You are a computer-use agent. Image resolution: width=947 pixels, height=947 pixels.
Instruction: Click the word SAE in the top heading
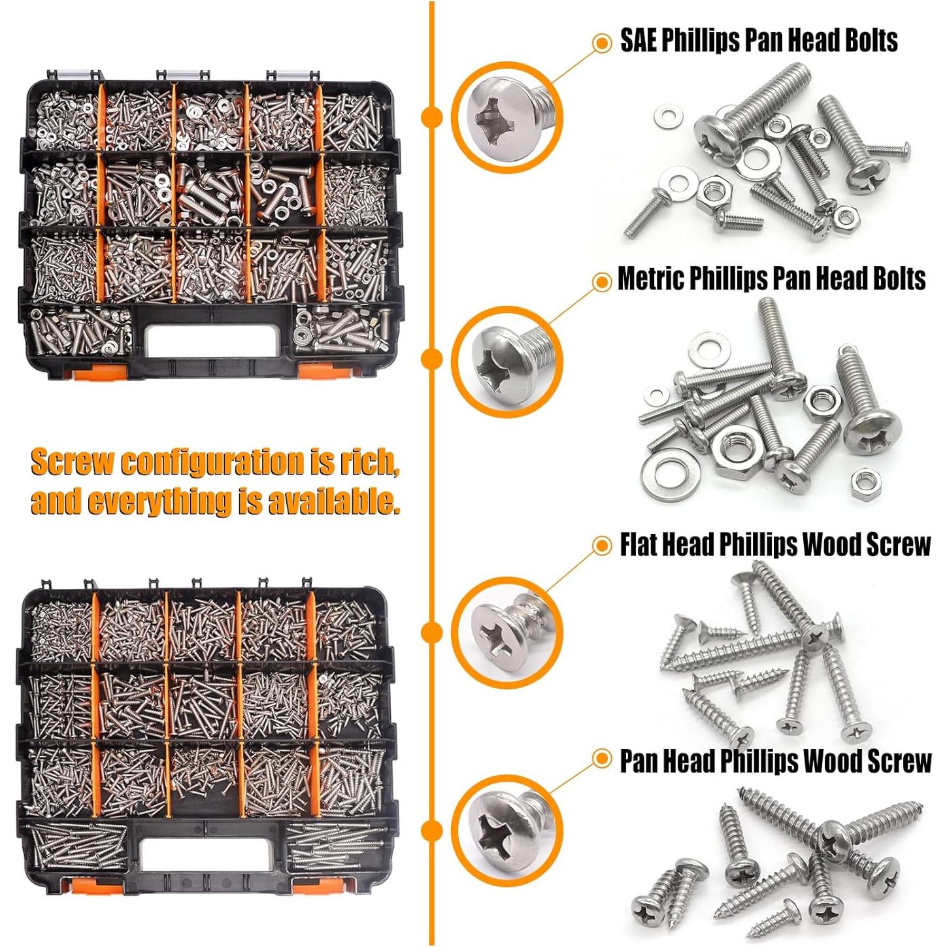click(x=638, y=41)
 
